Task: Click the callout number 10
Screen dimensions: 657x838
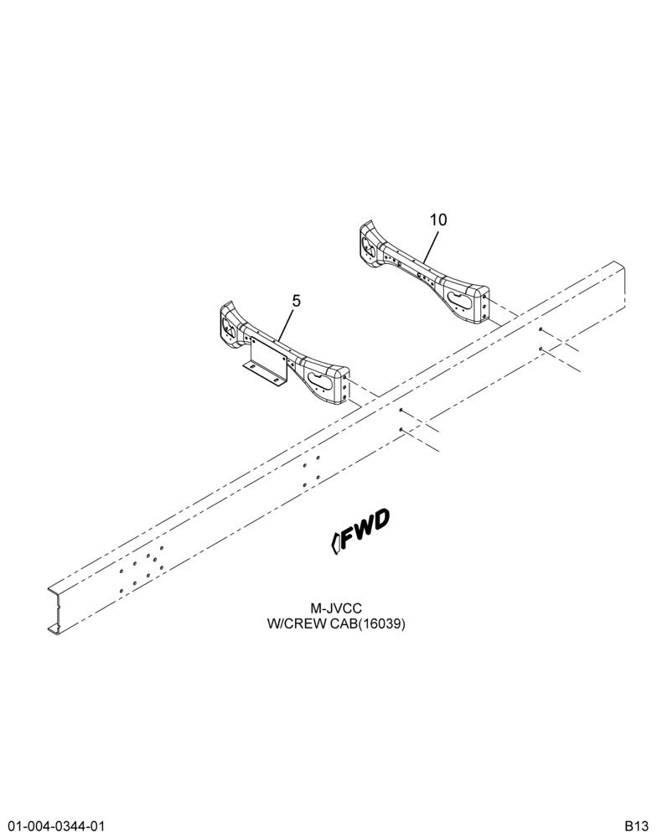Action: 438,220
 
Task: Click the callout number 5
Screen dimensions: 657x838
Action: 296,301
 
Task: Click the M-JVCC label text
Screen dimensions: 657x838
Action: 336,608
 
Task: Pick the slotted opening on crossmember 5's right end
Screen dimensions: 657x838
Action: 321,379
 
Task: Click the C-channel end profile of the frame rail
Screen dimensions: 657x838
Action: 54,609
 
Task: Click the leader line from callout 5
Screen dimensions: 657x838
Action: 286,325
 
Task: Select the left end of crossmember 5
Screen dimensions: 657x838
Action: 229,323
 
